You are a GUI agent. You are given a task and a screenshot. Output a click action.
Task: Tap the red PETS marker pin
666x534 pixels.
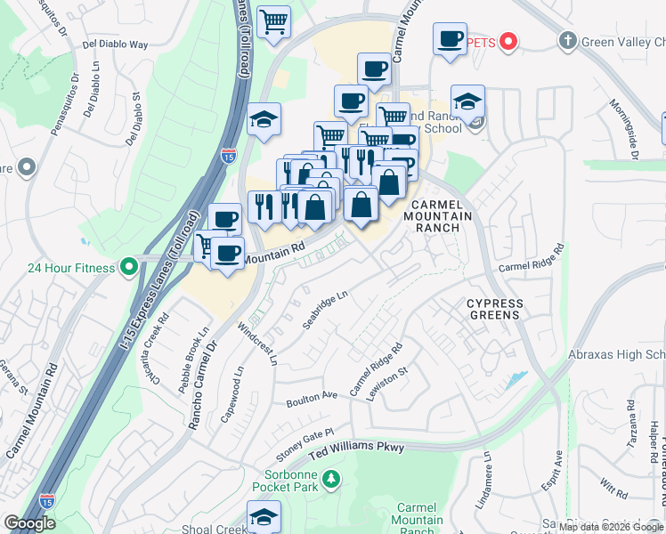(508, 41)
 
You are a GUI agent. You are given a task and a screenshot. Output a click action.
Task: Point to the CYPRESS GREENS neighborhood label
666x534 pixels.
(495, 310)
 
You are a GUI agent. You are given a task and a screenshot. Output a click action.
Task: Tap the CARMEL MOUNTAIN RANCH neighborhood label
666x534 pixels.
(435, 216)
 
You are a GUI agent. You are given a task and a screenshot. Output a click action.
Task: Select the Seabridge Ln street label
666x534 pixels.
(324, 311)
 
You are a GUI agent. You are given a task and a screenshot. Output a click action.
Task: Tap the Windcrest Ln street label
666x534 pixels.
(258, 344)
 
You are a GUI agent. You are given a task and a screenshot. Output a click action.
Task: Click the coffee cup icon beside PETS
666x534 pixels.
(450, 39)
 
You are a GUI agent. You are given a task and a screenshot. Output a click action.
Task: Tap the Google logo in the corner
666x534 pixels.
(29, 523)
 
